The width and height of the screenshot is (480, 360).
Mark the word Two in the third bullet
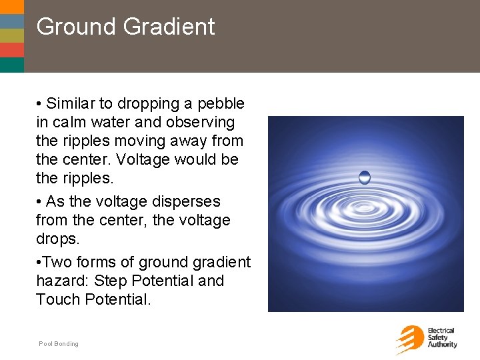59,263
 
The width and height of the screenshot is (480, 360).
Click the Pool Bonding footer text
59,344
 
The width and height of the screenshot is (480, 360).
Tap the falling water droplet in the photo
365,177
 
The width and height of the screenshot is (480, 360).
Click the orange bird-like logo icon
409,339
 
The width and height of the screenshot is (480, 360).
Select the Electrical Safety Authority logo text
442,338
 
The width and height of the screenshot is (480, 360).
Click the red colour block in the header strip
12,50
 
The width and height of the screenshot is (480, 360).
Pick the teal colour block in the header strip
12,65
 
